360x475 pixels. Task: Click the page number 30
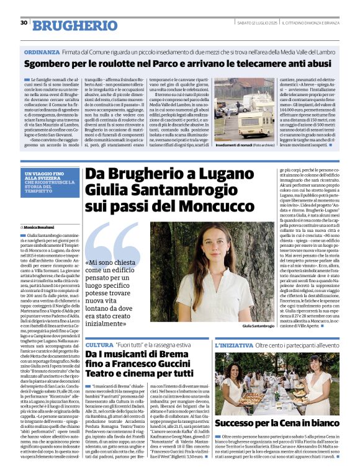click(24, 23)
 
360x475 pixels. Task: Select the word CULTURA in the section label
click(99, 344)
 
